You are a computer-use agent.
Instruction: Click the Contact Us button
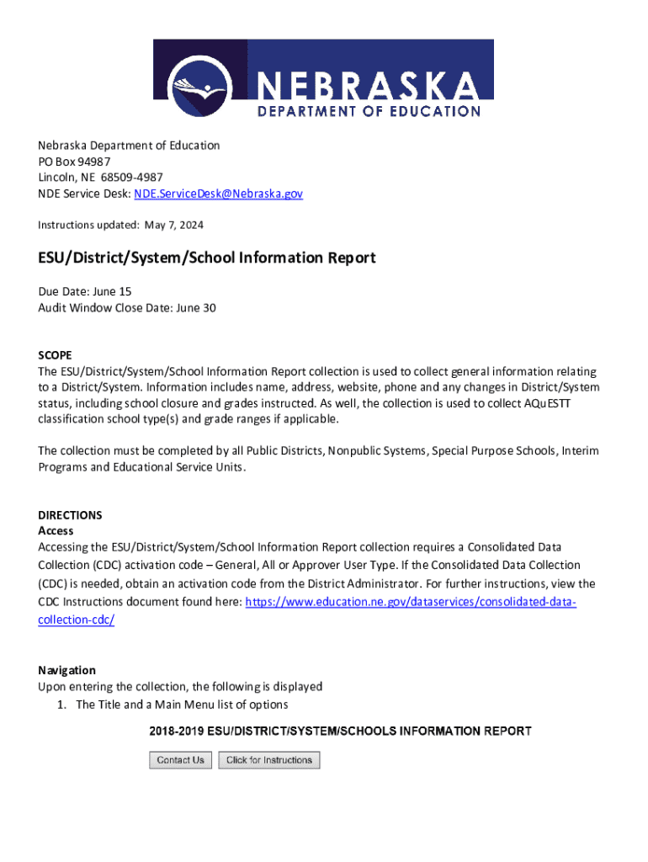point(180,760)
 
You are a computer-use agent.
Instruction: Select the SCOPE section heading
point(55,355)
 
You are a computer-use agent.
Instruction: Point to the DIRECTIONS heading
point(70,515)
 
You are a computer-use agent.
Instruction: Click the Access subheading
point(56,531)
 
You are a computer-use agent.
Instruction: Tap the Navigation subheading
point(66,670)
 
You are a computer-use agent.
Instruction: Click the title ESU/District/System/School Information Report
point(206,258)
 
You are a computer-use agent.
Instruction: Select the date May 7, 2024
point(174,225)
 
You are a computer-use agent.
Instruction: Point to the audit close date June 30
point(196,308)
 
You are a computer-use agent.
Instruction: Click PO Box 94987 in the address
point(74,162)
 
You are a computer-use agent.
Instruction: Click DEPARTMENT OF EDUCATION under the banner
point(369,111)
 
